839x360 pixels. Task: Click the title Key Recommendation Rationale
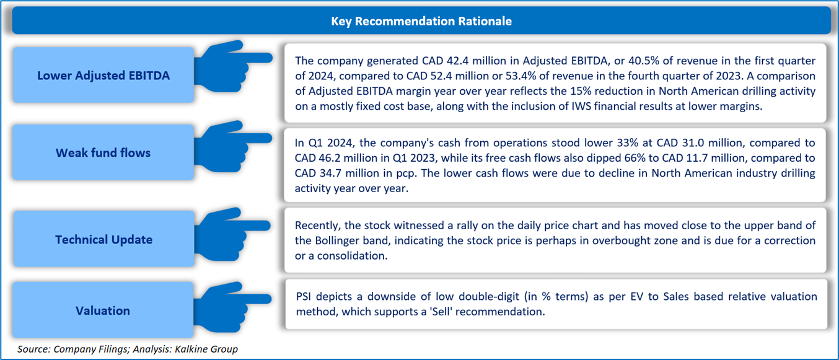coord(421,21)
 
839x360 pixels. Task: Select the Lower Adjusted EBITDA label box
coord(103,75)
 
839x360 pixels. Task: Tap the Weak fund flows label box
coord(103,152)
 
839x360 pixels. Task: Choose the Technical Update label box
coord(103,239)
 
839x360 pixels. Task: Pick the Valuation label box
coord(103,310)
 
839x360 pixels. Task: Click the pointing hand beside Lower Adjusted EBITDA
coord(232,67)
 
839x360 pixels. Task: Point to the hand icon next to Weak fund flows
coord(232,147)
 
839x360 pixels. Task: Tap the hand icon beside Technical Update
coord(232,234)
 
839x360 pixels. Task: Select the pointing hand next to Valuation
coord(232,307)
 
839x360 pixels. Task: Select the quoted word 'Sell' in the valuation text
coord(441,312)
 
